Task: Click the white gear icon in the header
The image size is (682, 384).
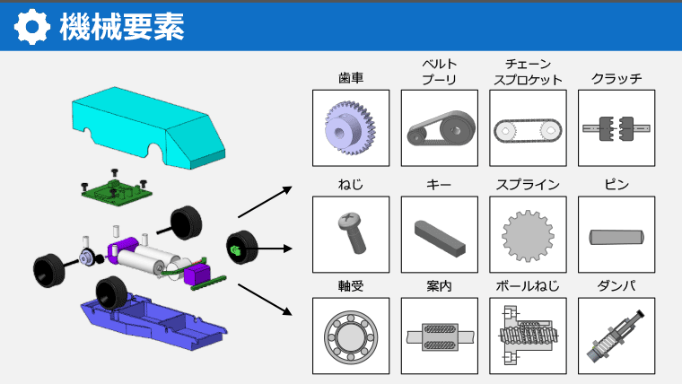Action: (x=31, y=27)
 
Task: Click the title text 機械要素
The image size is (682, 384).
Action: (x=122, y=27)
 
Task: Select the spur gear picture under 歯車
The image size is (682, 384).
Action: (x=351, y=128)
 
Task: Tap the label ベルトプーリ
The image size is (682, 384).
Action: (x=440, y=72)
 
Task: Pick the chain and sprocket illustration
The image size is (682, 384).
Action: (x=528, y=130)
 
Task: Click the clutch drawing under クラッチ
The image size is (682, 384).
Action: (x=616, y=128)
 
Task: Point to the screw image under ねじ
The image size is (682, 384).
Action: (x=353, y=232)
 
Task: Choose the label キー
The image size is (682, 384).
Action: (x=439, y=185)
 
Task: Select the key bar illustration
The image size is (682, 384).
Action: (x=440, y=238)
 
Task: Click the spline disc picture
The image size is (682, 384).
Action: (x=528, y=235)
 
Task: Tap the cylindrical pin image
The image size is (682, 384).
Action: (x=616, y=237)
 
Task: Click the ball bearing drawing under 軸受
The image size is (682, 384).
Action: (x=351, y=336)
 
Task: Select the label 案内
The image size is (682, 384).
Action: (x=440, y=286)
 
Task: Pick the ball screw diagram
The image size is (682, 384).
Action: (x=527, y=335)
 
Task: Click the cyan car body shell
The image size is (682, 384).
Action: (x=148, y=127)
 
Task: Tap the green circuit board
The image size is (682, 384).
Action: (x=117, y=190)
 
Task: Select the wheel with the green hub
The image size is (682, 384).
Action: (x=241, y=247)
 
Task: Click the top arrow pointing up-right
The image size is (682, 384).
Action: (x=265, y=202)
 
